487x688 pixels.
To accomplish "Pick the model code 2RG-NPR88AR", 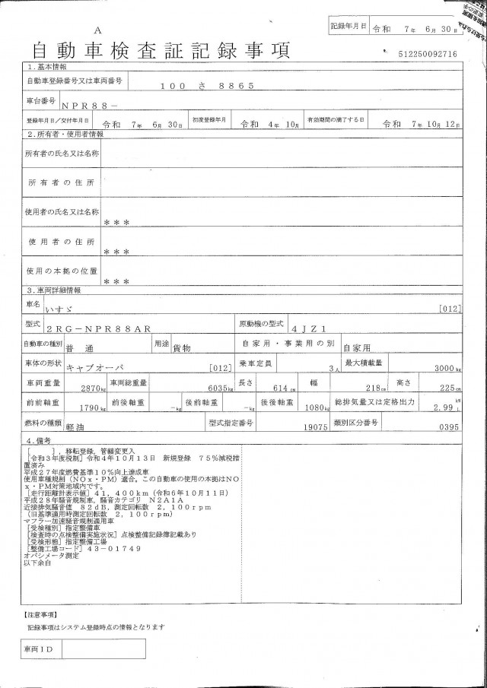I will [109, 328].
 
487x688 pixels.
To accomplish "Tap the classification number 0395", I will [449, 428].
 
